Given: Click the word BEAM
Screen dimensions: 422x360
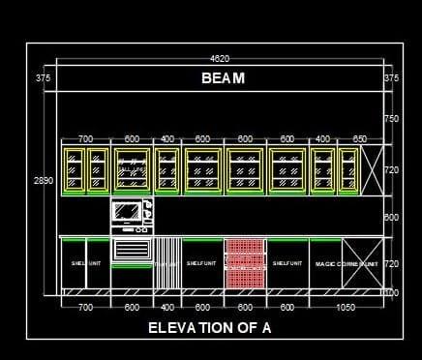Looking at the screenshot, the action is pos(224,78).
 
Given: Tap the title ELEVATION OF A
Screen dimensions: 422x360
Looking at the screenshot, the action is pos(209,328).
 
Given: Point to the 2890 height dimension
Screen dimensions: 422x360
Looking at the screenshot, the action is pos(44,180).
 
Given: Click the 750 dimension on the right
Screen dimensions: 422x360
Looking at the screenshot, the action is pos(391,119).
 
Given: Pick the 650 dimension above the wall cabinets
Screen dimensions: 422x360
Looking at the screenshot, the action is pos(360,139).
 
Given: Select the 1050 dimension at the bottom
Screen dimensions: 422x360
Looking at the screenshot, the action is pos(345,307).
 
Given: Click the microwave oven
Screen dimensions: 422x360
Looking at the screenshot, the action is pos(131,213).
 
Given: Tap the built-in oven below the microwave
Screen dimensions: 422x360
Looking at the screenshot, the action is pos(131,250).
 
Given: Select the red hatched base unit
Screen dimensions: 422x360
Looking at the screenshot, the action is pos(245,263).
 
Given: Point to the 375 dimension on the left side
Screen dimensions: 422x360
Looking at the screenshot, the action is pos(43,77).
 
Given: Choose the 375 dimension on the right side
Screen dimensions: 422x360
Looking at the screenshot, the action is pos(391,77).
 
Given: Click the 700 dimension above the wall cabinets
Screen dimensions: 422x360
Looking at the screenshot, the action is pos(85,139).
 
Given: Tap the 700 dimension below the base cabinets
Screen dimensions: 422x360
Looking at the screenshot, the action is pos(85,307).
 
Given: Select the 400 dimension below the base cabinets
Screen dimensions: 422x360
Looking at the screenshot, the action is pos(167,307).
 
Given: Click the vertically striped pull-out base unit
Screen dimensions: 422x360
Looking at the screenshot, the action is pos(167,263).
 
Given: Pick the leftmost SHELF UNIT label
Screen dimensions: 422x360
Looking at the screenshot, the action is pos(79,263).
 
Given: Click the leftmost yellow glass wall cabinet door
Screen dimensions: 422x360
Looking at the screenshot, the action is pos(74,170).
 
